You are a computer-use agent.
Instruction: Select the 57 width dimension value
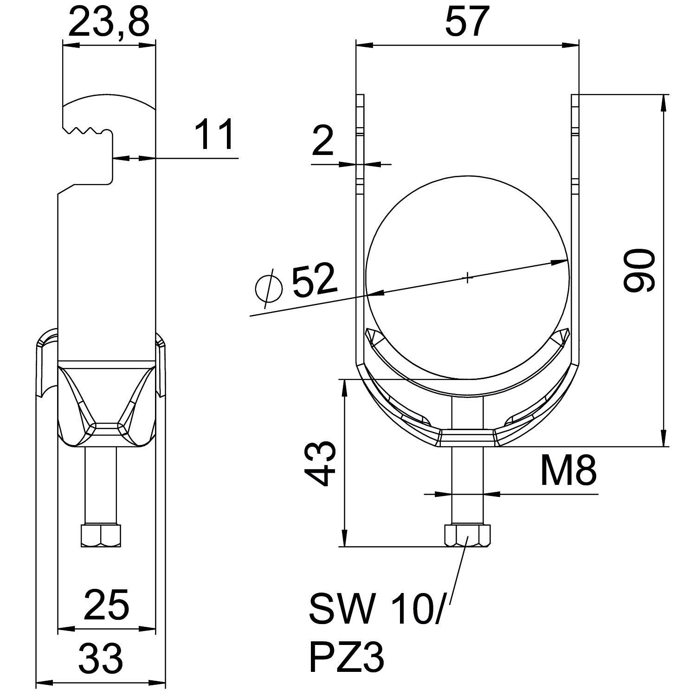click(x=467, y=21)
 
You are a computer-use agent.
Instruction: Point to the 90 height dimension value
click(x=639, y=271)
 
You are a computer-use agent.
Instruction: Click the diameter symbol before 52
click(x=269, y=289)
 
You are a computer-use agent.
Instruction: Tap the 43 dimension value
click(x=320, y=463)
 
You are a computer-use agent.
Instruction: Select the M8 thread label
click(x=568, y=470)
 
